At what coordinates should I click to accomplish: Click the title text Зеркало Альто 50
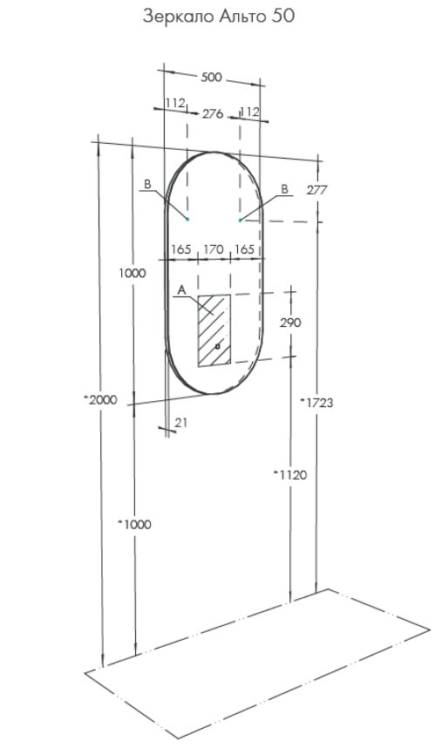(x=219, y=17)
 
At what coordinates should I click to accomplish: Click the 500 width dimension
(x=211, y=77)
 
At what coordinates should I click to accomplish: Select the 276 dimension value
(x=213, y=114)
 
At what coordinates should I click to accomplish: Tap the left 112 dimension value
(x=175, y=103)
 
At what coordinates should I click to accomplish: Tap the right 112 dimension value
(x=250, y=112)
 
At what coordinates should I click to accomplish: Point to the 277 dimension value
(x=317, y=190)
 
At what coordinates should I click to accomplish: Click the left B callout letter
(x=148, y=184)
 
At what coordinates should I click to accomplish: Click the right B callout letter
(x=285, y=189)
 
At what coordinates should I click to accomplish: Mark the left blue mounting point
(x=187, y=219)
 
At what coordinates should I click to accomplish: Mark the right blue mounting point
(x=241, y=221)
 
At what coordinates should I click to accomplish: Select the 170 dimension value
(x=214, y=249)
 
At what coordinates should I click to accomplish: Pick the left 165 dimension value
(x=181, y=249)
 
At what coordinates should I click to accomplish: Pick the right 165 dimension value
(x=245, y=249)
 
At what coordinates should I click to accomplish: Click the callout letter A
(x=180, y=289)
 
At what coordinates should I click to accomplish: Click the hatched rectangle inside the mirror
(x=214, y=330)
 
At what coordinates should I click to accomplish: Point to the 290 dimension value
(x=290, y=323)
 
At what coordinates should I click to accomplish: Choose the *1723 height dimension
(x=317, y=403)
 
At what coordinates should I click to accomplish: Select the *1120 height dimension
(x=290, y=474)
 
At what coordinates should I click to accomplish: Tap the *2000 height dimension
(x=100, y=400)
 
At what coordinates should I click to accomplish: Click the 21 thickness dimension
(x=181, y=422)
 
